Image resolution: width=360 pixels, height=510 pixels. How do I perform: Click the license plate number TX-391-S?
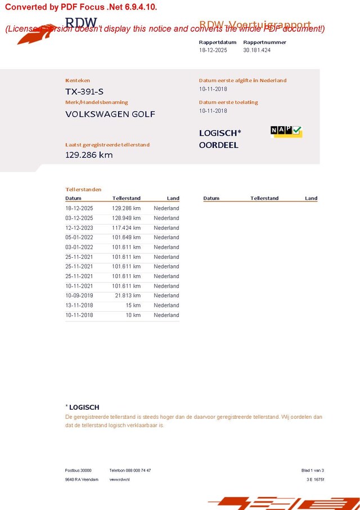(84, 91)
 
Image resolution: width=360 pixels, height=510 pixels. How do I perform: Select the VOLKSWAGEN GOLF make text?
(110, 114)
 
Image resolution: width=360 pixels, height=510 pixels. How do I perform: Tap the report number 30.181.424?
(257, 50)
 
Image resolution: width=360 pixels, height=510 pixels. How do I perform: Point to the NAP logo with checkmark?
(286, 131)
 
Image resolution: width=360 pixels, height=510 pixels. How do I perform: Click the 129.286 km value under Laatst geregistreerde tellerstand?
(89, 155)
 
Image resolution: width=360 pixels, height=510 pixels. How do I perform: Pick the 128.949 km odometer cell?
(126, 218)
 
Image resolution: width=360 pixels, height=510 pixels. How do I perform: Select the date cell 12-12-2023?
(79, 228)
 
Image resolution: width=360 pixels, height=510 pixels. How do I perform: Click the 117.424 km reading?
(126, 228)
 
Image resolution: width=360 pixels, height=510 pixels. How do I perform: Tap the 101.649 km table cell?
(126, 238)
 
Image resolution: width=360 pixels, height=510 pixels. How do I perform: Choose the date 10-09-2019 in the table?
(79, 296)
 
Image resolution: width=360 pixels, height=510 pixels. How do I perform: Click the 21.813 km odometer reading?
(128, 296)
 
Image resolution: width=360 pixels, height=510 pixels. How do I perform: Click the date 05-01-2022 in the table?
(79, 238)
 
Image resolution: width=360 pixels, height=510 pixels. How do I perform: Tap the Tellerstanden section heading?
(83, 190)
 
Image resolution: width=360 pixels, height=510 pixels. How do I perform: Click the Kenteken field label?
(78, 80)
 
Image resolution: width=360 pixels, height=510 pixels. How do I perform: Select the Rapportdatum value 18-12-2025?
(213, 50)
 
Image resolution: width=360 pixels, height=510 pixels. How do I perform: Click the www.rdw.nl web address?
(119, 480)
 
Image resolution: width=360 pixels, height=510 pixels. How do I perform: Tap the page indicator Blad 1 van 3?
(313, 471)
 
